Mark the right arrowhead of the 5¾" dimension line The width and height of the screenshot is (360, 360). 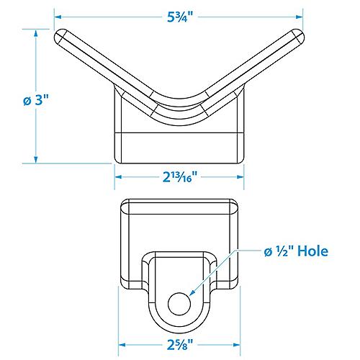click(300, 14)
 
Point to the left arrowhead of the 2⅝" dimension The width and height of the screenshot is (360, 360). click(122, 344)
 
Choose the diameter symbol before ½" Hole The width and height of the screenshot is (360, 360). click(266, 252)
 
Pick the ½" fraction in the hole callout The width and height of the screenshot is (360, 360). click(280, 251)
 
